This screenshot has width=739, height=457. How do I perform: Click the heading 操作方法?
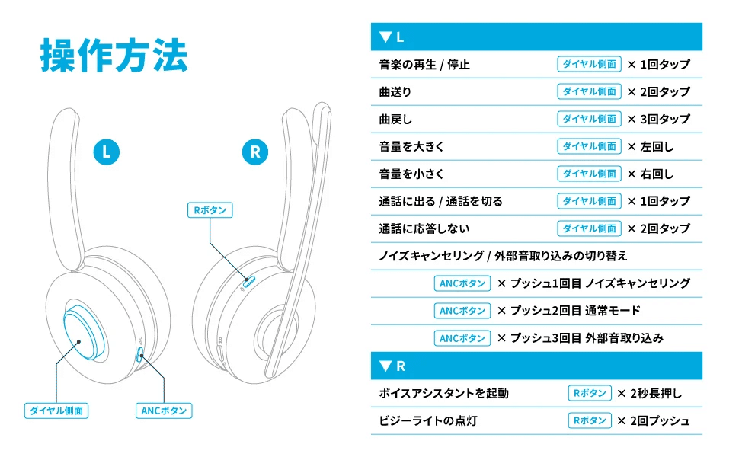coord(114,56)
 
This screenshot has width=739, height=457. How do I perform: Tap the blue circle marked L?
coord(107,152)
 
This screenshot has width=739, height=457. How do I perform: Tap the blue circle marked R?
coord(254,152)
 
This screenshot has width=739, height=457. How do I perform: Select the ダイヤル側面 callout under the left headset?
coord(56,411)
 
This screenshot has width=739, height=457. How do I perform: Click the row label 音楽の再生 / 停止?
coord(424,65)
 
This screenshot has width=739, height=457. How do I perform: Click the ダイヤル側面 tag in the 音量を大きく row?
coord(589,146)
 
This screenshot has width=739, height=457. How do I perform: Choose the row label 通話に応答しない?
coord(424,228)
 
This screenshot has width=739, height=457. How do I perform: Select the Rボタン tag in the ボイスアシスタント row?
coord(589,393)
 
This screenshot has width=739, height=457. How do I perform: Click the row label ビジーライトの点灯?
coord(428,420)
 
